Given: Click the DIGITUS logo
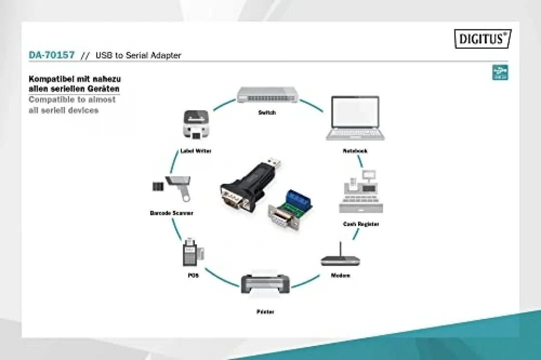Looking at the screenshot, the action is (x=483, y=39).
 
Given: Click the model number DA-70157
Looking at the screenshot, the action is (x=52, y=55).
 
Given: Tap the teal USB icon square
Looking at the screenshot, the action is (x=500, y=73).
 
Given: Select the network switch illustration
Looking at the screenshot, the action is (x=267, y=95).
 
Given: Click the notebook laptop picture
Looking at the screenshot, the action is (x=355, y=118).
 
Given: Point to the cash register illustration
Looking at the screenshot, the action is (x=361, y=192).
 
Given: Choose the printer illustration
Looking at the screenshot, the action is (x=265, y=283).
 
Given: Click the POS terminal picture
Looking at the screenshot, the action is (x=193, y=252).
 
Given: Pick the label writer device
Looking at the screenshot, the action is (x=196, y=124).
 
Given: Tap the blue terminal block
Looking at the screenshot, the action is (x=299, y=199).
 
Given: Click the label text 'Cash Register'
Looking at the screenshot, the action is (x=361, y=224).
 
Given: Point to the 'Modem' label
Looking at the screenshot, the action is (x=340, y=275).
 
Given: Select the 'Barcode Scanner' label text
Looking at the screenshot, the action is (x=171, y=213).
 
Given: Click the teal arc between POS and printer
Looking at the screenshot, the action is (x=221, y=278).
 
